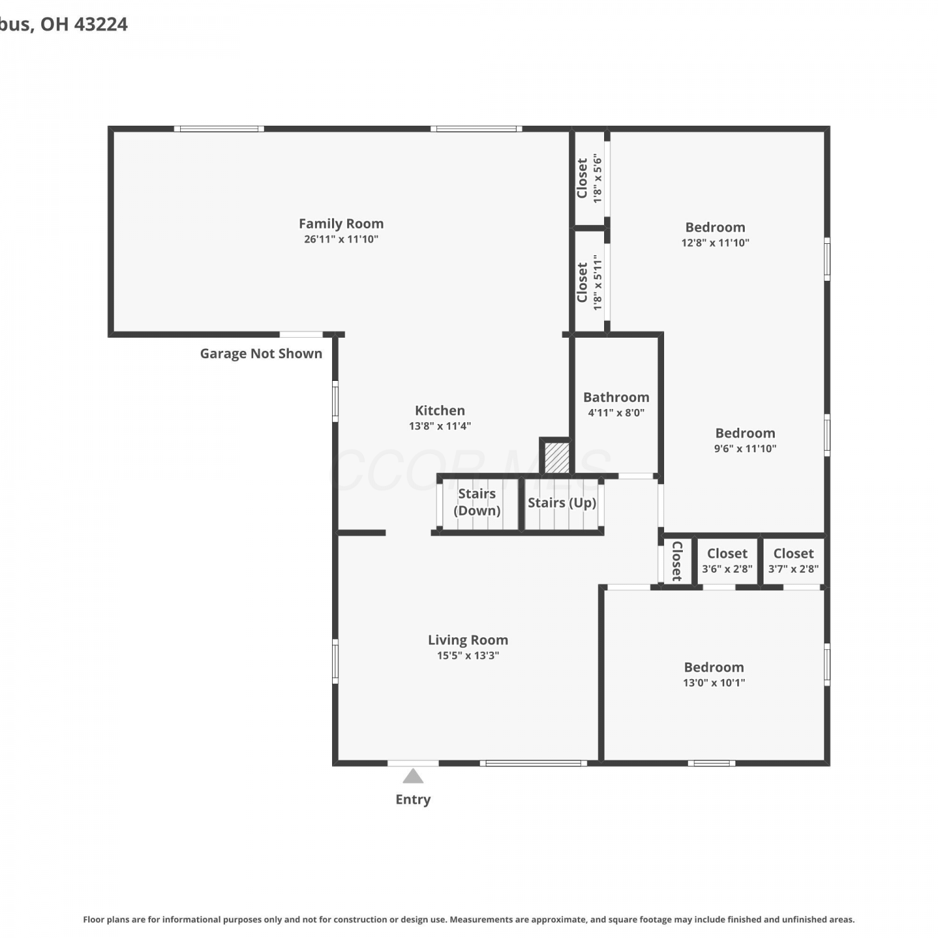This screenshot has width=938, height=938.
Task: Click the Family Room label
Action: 341,223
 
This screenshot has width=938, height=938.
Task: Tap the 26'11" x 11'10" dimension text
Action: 341,239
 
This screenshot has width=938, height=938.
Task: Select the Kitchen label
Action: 440,410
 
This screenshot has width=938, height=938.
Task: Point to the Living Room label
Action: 468,640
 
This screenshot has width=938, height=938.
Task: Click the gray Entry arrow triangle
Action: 413,777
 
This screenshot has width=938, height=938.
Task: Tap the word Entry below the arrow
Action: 413,799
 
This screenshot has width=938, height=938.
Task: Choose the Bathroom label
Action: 616,397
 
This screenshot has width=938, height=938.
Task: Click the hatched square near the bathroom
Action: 556,458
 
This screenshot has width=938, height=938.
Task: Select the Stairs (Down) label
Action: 477,502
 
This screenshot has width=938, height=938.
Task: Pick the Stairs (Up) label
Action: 562,503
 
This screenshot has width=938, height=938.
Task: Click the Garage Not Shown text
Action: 261,353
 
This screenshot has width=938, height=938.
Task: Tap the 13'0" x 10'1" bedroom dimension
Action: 714,682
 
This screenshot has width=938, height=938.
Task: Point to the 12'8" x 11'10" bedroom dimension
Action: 715,243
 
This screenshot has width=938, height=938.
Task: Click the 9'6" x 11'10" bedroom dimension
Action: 745,448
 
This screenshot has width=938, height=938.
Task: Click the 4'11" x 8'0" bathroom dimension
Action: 616,413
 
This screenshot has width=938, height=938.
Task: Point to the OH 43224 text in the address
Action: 84,24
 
